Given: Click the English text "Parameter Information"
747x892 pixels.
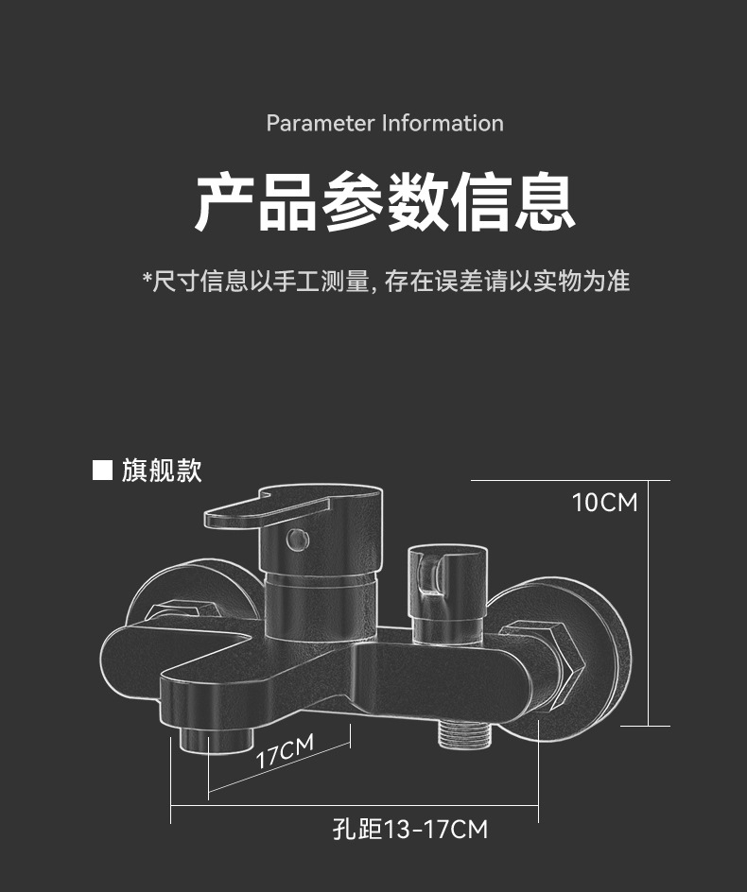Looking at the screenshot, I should pyautogui.click(x=385, y=124).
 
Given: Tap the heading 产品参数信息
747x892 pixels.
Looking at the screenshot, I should pyautogui.click(x=385, y=202).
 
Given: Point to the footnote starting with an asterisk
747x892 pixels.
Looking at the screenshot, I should pyautogui.click(x=385, y=281).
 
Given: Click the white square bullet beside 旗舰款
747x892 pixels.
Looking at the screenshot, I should pyautogui.click(x=102, y=470).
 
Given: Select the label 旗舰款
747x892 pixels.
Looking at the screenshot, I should pyautogui.click(x=162, y=470).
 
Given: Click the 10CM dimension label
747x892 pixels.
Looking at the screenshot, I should pyautogui.click(x=604, y=502).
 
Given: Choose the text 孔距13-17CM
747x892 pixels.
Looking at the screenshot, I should pyautogui.click(x=410, y=830).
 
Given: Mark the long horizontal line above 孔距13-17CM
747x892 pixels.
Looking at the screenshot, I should pyautogui.click(x=355, y=805).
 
